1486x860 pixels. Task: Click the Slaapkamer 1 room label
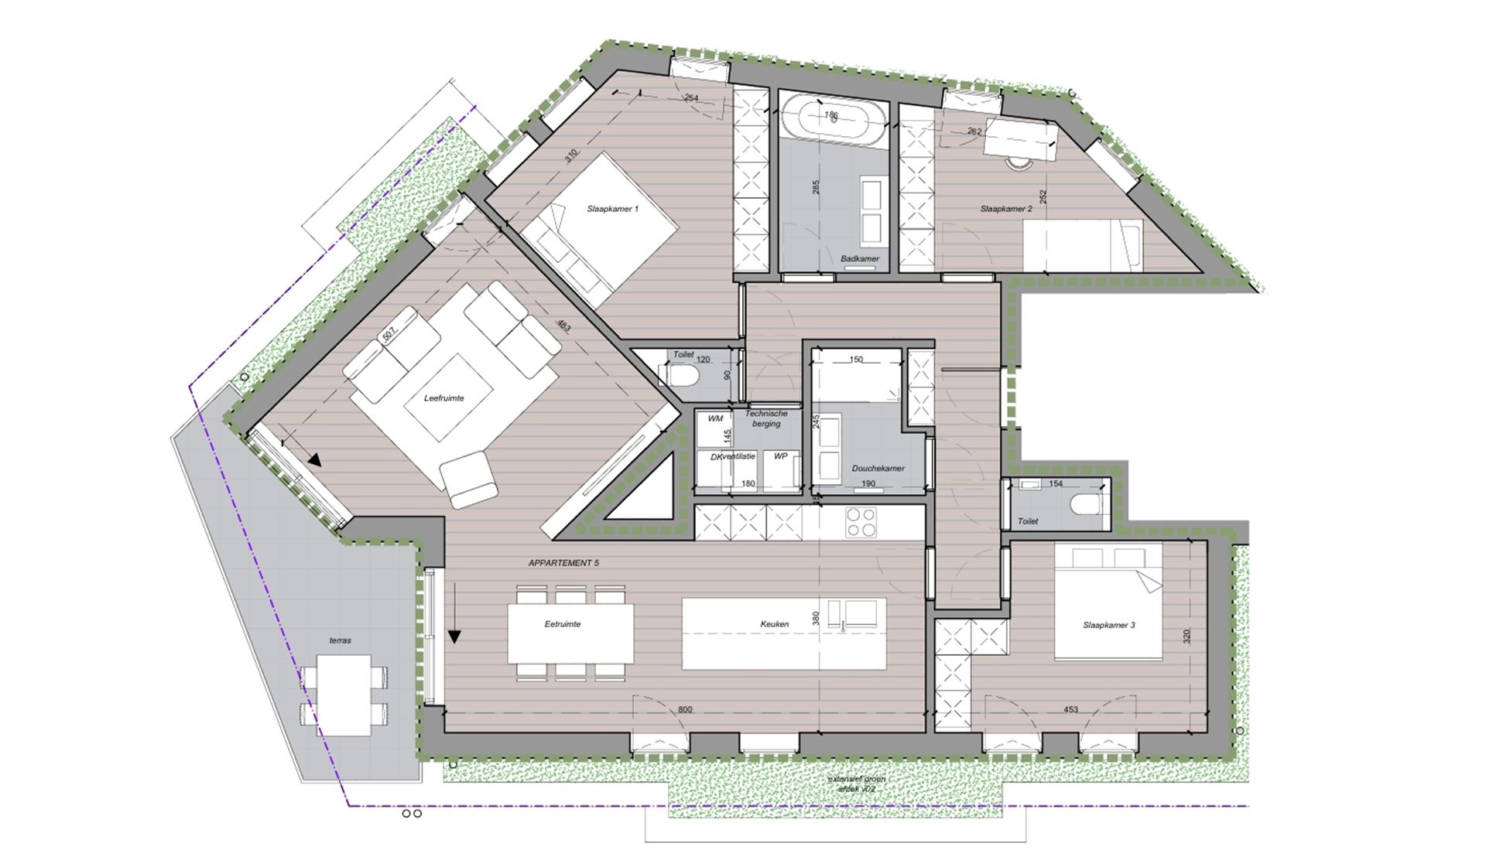(612, 209)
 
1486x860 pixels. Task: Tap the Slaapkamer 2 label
(1005, 209)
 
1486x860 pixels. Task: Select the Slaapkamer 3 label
(1108, 625)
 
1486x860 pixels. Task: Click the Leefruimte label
(443, 398)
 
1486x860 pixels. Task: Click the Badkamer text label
(859, 259)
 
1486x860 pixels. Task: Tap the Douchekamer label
(878, 469)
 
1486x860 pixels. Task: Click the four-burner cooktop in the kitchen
(861, 522)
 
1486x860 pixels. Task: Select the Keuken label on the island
(774, 624)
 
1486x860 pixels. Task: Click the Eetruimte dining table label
(562, 624)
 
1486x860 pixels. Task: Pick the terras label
(340, 640)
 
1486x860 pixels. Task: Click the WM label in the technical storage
(715, 418)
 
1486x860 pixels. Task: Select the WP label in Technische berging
(780, 457)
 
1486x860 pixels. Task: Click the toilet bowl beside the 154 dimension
(1087, 505)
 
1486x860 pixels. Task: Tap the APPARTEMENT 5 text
(563, 564)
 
